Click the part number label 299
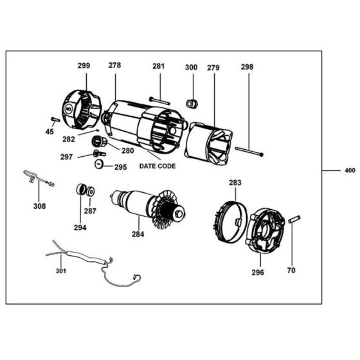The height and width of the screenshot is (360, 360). (84, 66)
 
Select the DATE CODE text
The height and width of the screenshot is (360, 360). (157, 166)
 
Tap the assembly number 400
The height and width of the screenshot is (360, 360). (350, 171)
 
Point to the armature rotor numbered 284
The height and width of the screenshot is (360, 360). (148, 205)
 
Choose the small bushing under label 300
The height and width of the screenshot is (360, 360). (191, 103)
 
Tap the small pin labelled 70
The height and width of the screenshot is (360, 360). (295, 219)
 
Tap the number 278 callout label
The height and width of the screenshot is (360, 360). (114, 66)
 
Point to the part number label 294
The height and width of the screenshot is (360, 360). (80, 227)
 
